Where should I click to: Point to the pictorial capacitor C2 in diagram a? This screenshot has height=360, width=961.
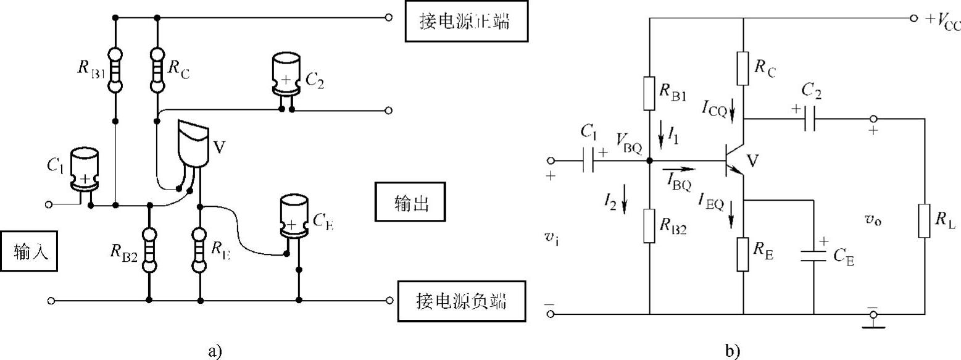(286, 75)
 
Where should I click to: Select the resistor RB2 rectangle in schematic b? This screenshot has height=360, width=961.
(650, 225)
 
